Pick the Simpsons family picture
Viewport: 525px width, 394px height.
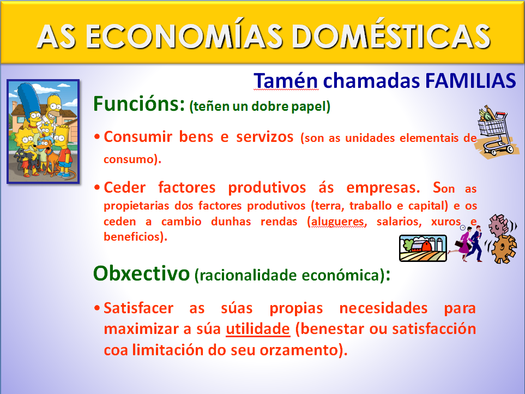tap(43, 131)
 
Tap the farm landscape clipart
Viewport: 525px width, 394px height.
tap(422, 248)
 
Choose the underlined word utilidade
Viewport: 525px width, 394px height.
tap(258, 330)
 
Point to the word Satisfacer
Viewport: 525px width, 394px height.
tap(138, 308)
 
